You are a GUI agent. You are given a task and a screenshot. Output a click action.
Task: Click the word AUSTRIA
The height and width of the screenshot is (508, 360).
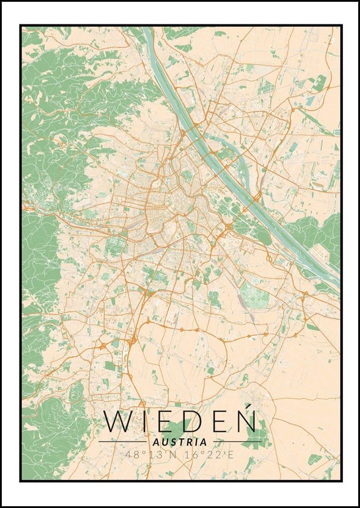tap(180, 442)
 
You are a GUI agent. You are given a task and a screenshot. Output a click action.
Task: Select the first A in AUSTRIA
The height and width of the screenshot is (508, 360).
tap(156, 442)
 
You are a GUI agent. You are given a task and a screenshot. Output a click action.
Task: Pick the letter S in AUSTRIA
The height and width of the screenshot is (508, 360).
tap(173, 442)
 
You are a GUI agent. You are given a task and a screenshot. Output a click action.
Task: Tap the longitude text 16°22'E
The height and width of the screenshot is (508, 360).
tap(210, 455)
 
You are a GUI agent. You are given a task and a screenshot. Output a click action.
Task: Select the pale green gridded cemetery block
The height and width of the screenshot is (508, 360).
tap(252, 294)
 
